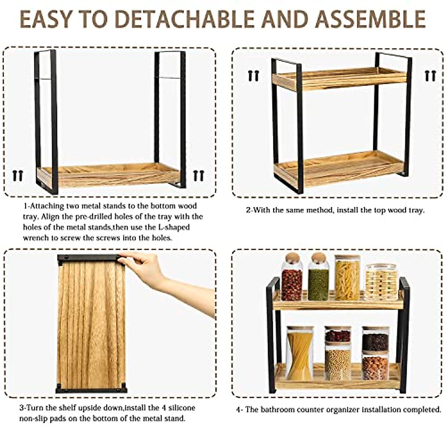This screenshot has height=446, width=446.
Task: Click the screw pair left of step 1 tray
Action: point(17,175)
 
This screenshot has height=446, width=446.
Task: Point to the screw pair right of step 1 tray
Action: point(198,175)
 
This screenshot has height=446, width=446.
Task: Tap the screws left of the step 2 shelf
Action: point(253,76)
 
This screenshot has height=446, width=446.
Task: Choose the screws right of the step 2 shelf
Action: point(430,76)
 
